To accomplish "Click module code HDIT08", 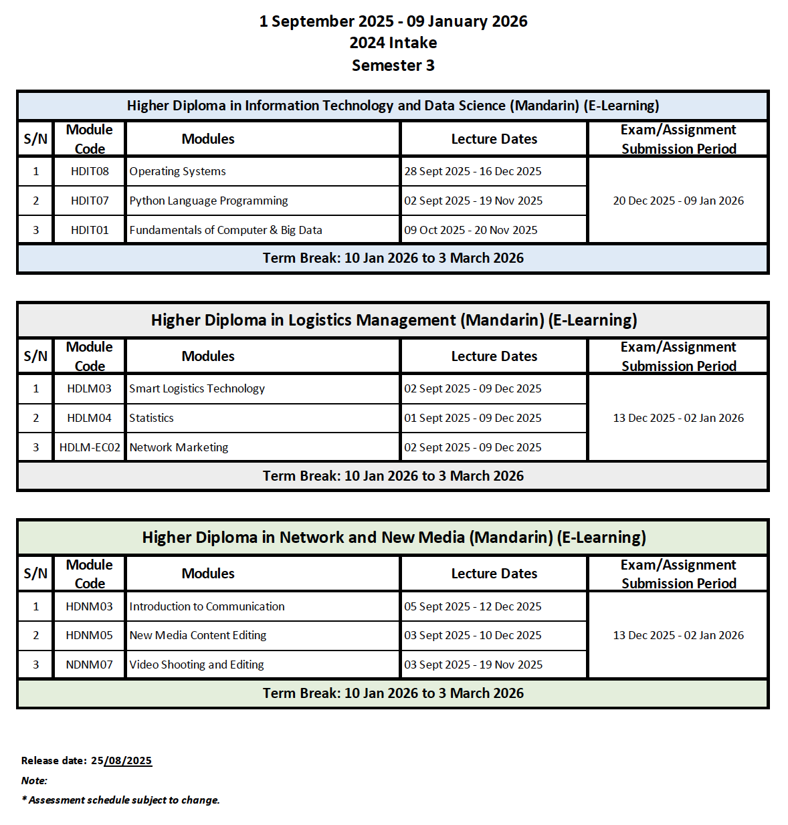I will [x=90, y=171].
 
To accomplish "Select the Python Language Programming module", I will [x=209, y=201].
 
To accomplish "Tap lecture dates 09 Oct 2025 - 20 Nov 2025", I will [x=471, y=230].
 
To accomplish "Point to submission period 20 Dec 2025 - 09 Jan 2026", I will [x=678, y=201].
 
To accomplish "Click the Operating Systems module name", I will [x=178, y=171].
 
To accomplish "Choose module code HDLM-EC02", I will [x=90, y=447].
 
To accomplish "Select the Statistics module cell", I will [x=152, y=418].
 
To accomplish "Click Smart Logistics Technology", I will [x=197, y=388].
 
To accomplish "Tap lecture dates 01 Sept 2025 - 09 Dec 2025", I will [x=473, y=418].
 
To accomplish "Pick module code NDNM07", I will [x=90, y=665].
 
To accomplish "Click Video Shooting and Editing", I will [x=197, y=665].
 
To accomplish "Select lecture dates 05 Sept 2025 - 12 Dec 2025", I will [x=473, y=606].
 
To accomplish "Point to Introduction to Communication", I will [x=207, y=606].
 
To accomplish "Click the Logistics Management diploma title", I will [x=394, y=320].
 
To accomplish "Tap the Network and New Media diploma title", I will [x=394, y=538].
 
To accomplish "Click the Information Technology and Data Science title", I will [x=393, y=106].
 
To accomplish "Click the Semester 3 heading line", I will [x=393, y=66].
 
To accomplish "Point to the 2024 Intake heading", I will [x=393, y=43].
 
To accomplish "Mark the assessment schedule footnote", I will [x=121, y=800].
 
